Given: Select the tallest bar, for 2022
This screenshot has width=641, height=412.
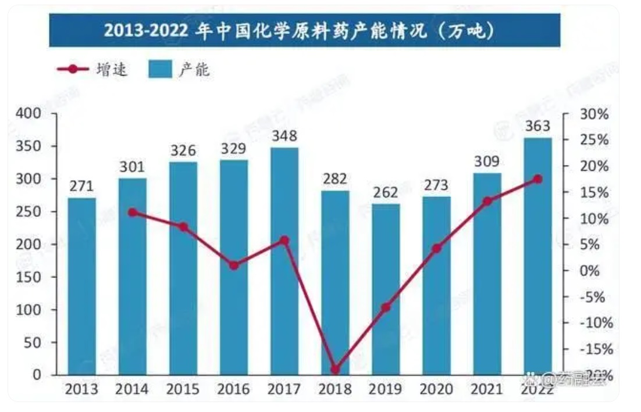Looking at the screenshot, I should [x=537, y=256].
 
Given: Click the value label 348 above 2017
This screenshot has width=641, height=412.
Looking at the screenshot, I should [x=284, y=136].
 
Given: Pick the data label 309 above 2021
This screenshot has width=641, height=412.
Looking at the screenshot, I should [x=487, y=162].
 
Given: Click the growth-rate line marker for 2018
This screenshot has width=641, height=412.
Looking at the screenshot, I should [x=335, y=370].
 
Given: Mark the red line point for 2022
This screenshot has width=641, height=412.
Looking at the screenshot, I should [x=537, y=179].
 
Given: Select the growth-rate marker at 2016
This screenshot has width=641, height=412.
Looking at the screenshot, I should [x=234, y=266].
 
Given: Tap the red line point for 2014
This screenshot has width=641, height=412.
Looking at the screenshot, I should [x=133, y=213].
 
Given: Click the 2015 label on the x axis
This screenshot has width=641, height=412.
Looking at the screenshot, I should [x=183, y=389].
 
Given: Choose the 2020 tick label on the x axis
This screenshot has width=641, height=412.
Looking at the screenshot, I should [x=436, y=389].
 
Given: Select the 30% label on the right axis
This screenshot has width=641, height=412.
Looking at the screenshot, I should [x=594, y=114].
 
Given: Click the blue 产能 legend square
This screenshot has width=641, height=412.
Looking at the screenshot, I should [x=160, y=70].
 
